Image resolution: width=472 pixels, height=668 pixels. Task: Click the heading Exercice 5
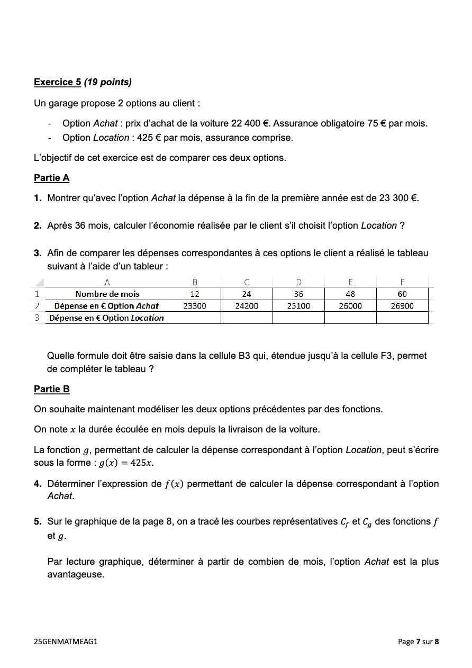coord(57,82)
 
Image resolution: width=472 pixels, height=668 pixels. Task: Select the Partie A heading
coord(51,178)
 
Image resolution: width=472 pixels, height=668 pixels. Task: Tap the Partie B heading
coord(51,389)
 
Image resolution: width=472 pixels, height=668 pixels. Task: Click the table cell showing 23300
coord(195,306)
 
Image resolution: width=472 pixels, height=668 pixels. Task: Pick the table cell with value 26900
coord(402,306)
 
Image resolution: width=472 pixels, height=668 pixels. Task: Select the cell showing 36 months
coord(298,294)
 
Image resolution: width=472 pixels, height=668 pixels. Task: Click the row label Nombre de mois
coord(107,294)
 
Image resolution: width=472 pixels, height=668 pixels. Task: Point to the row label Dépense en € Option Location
coord(106,318)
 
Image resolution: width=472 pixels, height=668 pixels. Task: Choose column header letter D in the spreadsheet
coord(298,282)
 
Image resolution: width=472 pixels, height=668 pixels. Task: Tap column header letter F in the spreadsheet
coord(402,282)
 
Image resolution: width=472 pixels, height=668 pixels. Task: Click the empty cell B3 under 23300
coord(195,318)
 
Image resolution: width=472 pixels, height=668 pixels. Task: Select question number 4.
coord(38,484)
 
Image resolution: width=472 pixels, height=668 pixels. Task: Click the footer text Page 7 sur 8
coord(418,642)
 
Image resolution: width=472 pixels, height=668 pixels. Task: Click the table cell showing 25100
coord(298,306)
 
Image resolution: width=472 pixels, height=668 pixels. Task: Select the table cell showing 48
coord(350,294)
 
